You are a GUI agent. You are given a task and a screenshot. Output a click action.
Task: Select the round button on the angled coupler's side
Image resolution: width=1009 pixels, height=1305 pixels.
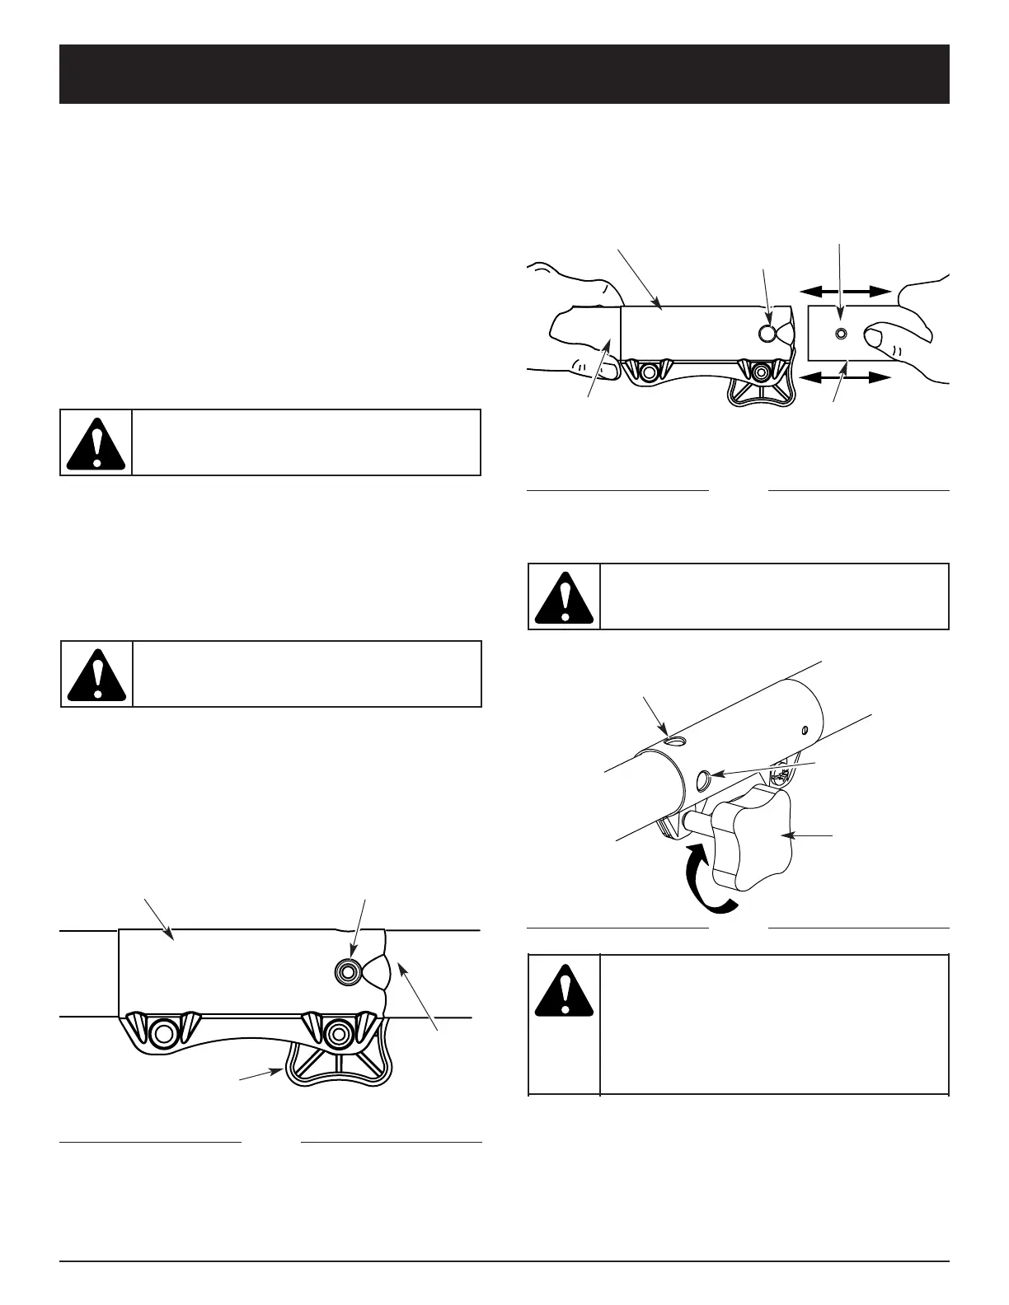pos(703,779)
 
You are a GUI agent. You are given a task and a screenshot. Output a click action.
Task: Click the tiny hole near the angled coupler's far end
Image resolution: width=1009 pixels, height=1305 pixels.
pos(805,728)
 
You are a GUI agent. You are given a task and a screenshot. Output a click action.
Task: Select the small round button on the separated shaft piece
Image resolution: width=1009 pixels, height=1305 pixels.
pos(840,334)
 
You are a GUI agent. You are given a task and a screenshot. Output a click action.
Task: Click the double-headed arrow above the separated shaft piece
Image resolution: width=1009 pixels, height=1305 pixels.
pos(846,291)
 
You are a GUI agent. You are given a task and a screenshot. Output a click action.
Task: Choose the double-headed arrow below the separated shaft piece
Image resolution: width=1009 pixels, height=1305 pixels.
pos(846,378)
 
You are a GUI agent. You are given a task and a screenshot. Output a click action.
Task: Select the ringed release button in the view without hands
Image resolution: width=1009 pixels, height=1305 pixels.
pos(346,972)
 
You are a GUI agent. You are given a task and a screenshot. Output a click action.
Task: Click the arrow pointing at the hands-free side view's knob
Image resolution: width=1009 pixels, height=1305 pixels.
pos(262,1075)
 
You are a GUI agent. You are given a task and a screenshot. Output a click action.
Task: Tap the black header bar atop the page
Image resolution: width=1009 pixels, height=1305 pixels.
pos(504,74)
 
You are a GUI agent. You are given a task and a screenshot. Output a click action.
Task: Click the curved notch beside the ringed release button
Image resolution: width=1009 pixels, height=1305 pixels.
pos(378,972)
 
